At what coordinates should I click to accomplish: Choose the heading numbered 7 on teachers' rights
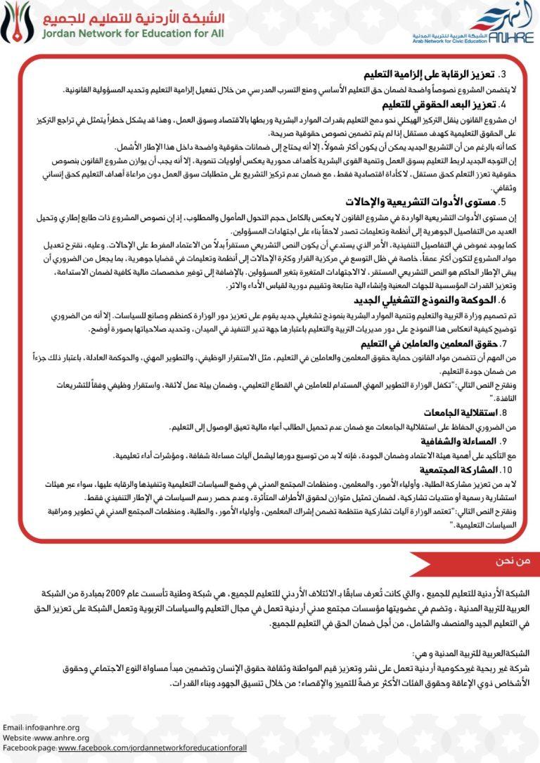[422, 344]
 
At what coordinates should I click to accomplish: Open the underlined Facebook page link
[153, 748]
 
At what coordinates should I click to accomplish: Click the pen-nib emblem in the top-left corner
[15, 22]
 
